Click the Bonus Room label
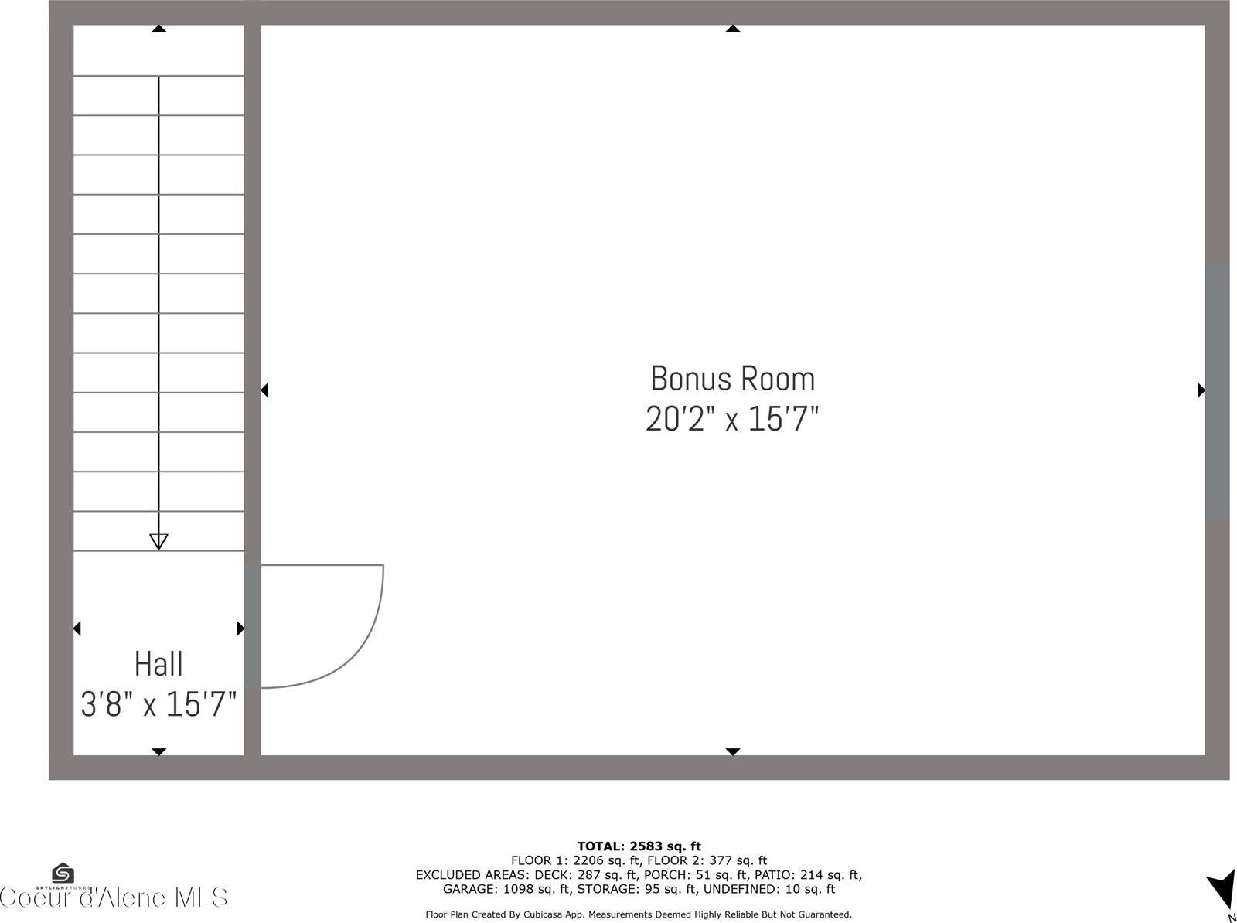[732, 379]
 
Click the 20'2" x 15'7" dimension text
[732, 419]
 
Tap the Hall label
[158, 664]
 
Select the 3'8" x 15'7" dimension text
[158, 704]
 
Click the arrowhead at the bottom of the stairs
[158, 541]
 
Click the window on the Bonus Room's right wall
[1217, 390]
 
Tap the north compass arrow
[1222, 889]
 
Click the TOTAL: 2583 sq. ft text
[639, 846]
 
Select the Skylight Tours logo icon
[63, 874]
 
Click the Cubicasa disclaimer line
[639, 914]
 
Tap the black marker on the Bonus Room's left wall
[264, 390]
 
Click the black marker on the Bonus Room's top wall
[732, 29]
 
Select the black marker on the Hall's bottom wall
[158, 751]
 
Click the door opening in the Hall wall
[252, 626]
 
